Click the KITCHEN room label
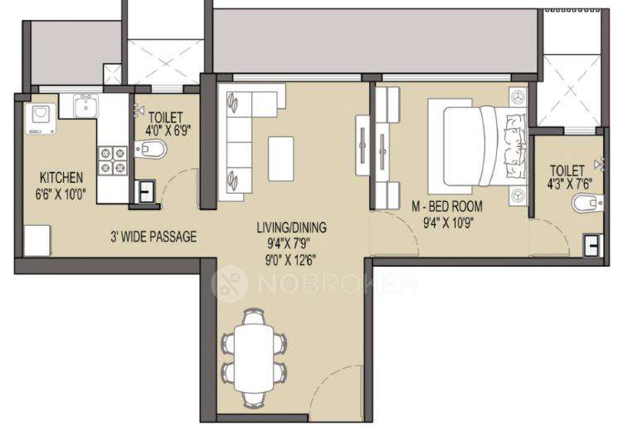point(61,177)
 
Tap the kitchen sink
point(84,106)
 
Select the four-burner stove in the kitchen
point(114,160)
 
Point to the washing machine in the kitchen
point(40,118)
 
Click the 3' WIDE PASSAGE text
point(153,237)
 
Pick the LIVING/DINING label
point(290,227)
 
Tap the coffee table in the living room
point(282,157)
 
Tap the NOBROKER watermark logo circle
point(230,284)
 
